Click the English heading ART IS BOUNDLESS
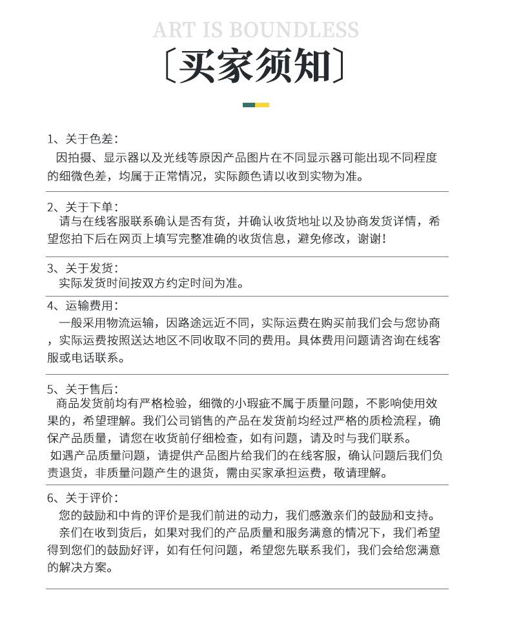point(256,30)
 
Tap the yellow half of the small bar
point(262,105)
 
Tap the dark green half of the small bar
point(249,105)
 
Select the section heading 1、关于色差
point(82,139)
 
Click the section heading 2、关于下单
point(82,207)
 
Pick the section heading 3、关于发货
point(82,268)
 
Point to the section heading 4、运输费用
point(82,306)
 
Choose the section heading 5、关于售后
point(82,389)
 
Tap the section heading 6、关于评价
point(82,497)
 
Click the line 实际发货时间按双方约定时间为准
point(152,283)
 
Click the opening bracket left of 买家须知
point(168,66)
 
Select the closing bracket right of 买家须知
point(340,66)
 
